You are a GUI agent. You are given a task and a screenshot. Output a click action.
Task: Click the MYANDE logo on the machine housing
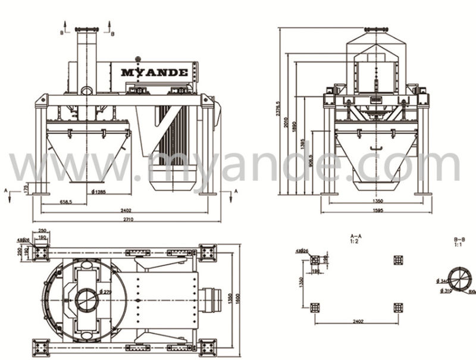pyautogui.click(x=155, y=73)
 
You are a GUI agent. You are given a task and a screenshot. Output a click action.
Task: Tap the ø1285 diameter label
pyautogui.click(x=100, y=191)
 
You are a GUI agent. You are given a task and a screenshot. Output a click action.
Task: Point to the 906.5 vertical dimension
pyautogui.click(x=312, y=161)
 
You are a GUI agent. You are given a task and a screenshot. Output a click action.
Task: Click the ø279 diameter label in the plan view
pyautogui.click(x=107, y=292)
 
